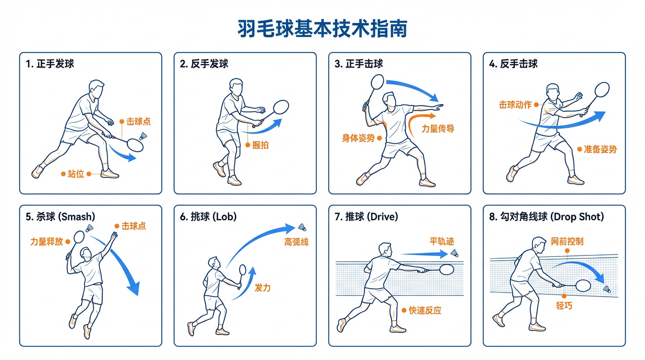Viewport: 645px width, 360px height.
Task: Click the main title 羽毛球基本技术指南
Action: pyautogui.click(x=322, y=29)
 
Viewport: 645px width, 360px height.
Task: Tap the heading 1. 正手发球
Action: pyautogui.click(x=50, y=64)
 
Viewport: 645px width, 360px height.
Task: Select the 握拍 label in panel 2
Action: pyautogui.click(x=260, y=145)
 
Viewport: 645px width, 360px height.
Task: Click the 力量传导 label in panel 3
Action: pyautogui.click(x=437, y=129)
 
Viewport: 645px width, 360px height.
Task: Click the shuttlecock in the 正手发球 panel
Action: pyautogui.click(x=143, y=136)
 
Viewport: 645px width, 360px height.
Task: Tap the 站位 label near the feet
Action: pyautogui.click(x=76, y=174)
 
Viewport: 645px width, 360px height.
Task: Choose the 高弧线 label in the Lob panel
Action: pyautogui.click(x=296, y=242)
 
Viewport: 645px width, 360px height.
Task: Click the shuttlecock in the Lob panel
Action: pyautogui.click(x=302, y=227)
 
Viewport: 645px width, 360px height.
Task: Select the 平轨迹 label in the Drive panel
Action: pyautogui.click(x=442, y=241)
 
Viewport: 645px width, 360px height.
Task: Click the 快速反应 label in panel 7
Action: pyautogui.click(x=425, y=310)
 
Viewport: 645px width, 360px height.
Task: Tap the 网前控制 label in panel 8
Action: pyautogui.click(x=567, y=242)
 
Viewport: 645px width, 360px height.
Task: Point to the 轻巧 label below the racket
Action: pyautogui.click(x=564, y=306)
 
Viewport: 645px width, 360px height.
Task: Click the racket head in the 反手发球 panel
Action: pyautogui.click(x=280, y=107)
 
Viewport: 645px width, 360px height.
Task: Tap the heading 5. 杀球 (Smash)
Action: pyautogui.click(x=60, y=217)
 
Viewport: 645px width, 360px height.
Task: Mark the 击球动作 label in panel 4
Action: pyautogui.click(x=515, y=105)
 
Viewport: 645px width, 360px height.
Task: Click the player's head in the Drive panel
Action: pyautogui.click(x=384, y=249)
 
